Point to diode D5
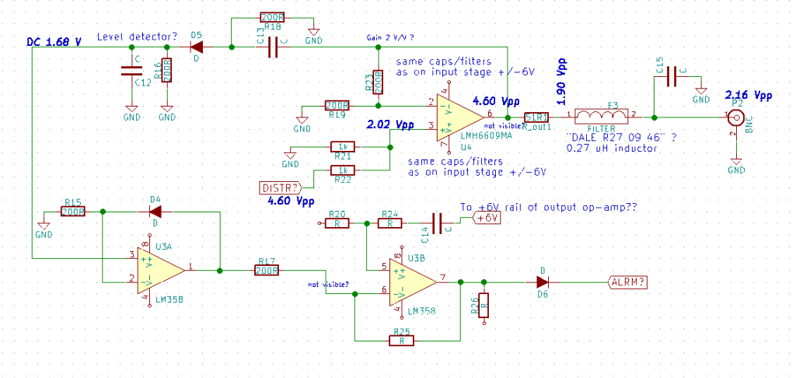[197, 47]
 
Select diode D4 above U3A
[155, 211]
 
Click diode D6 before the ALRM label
[542, 282]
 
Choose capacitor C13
[272, 48]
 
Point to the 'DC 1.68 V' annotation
[54, 40]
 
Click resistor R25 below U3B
[402, 340]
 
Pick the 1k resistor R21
[343, 146]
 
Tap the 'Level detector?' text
[136, 37]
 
